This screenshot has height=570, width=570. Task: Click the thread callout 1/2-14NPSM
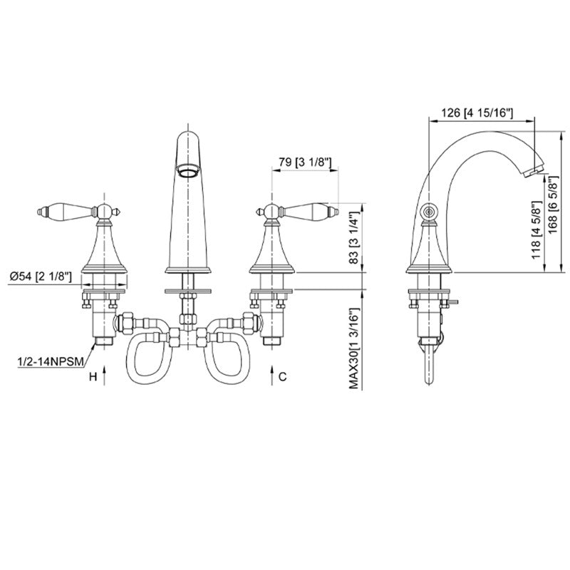click(x=46, y=362)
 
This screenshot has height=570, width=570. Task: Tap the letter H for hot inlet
click(x=91, y=375)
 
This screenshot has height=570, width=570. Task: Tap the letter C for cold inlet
click(x=283, y=375)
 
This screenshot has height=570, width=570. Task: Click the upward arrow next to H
click(x=105, y=375)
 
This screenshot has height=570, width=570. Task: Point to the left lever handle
click(x=68, y=212)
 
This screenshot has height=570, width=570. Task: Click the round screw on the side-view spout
click(x=429, y=212)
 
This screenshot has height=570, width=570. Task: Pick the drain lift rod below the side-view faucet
click(x=430, y=367)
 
